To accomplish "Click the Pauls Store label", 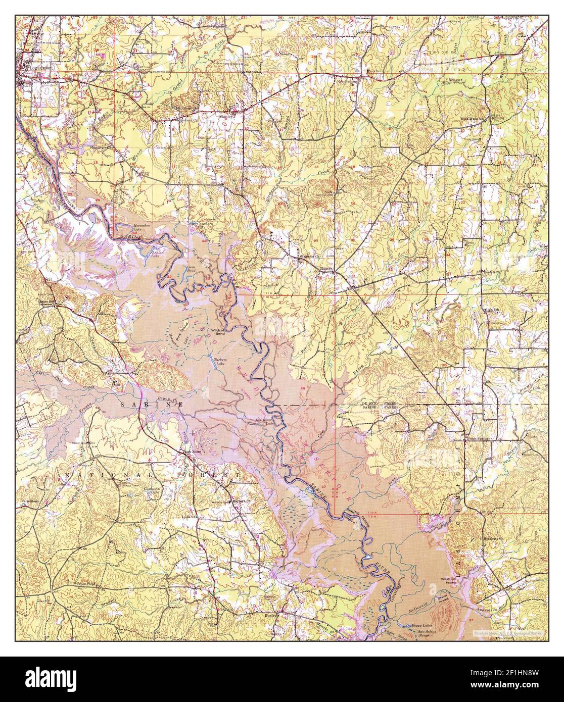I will pos(192,452).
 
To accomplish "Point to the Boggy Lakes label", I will pos(421,626).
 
